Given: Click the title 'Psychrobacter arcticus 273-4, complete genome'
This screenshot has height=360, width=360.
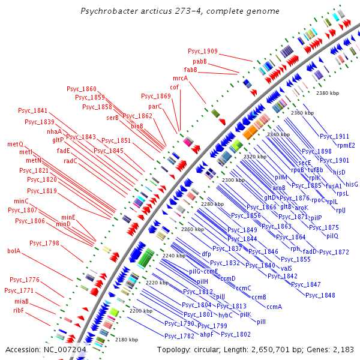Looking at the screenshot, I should [179, 11].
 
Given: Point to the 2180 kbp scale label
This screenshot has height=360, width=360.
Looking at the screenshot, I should [127, 339].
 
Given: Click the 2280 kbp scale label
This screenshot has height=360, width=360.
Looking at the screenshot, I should [212, 204].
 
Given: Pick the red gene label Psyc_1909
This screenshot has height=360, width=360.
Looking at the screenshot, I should [202, 52].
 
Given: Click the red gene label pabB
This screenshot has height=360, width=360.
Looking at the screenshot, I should [200, 61].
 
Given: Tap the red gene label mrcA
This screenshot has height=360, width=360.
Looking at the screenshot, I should [180, 78].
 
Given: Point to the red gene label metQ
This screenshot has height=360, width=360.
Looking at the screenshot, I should [15, 144].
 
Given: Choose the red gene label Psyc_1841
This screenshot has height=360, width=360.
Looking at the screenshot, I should [32, 110].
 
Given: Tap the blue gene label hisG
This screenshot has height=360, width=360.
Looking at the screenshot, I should [351, 184].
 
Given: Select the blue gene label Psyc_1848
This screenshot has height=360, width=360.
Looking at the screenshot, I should [320, 295].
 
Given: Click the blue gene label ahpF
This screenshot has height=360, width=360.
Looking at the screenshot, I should [206, 334].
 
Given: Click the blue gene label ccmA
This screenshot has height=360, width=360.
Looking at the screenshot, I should [274, 307].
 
